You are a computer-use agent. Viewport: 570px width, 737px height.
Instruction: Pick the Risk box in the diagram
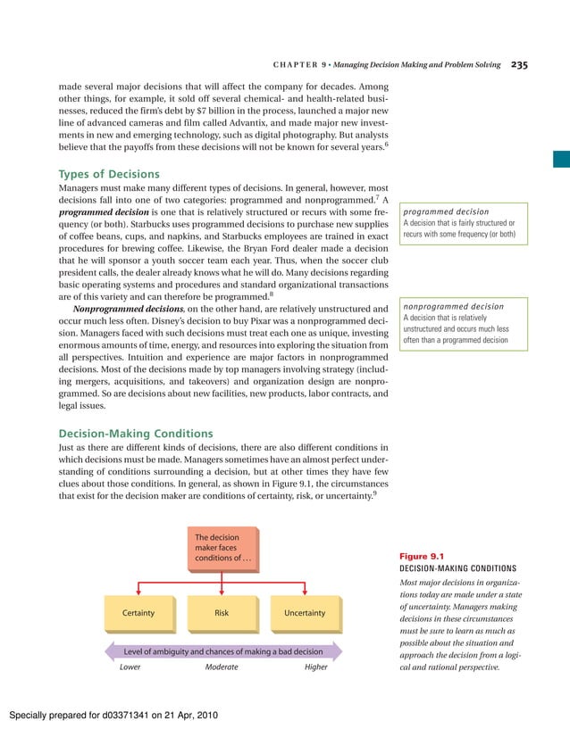pyautogui.click(x=222, y=613)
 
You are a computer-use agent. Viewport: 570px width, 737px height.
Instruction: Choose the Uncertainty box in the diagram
pyautogui.click(x=305, y=613)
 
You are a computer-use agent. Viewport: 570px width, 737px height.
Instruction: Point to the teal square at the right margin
pyautogui.click(x=560, y=160)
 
